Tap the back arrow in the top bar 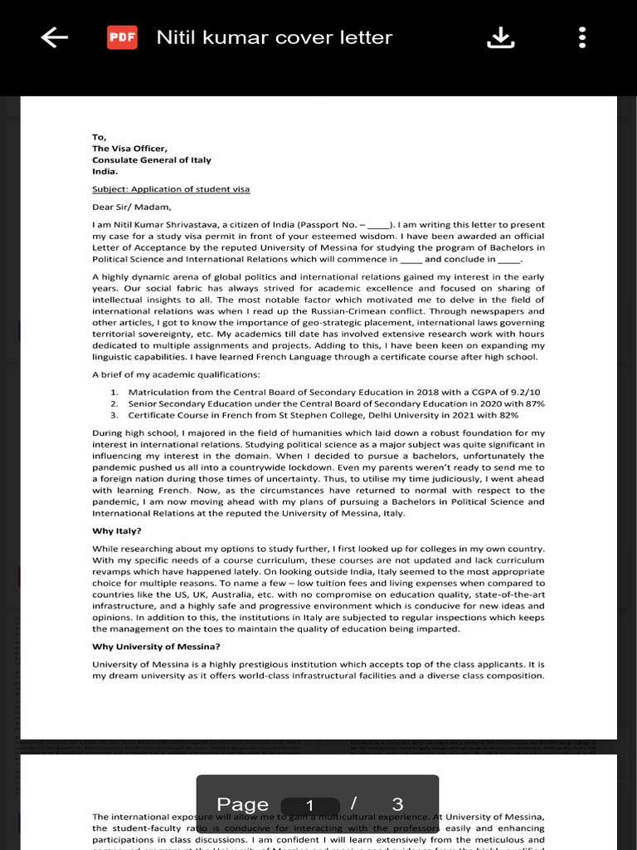[54, 37]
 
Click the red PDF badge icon [122, 37]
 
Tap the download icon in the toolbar [500, 37]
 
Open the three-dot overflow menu [582, 37]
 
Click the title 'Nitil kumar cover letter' [274, 37]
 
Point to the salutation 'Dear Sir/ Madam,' [131, 208]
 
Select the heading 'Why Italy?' [117, 530]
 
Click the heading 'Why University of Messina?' [156, 647]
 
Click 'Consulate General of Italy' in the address [152, 160]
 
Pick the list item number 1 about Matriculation [332, 392]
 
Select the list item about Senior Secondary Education [332, 403]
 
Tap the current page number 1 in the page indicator [309, 805]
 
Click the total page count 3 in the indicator [397, 804]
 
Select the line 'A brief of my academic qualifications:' [176, 374]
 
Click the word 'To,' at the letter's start [100, 137]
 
